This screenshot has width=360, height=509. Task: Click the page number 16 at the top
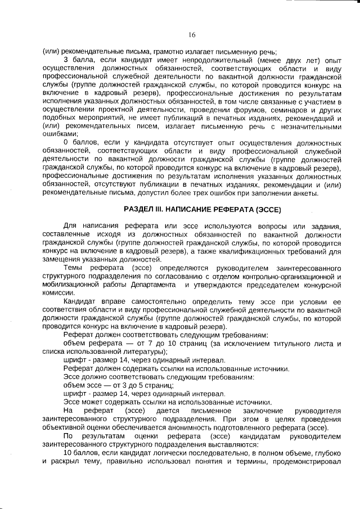click(191, 35)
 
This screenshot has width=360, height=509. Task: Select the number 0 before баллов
click(66, 143)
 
